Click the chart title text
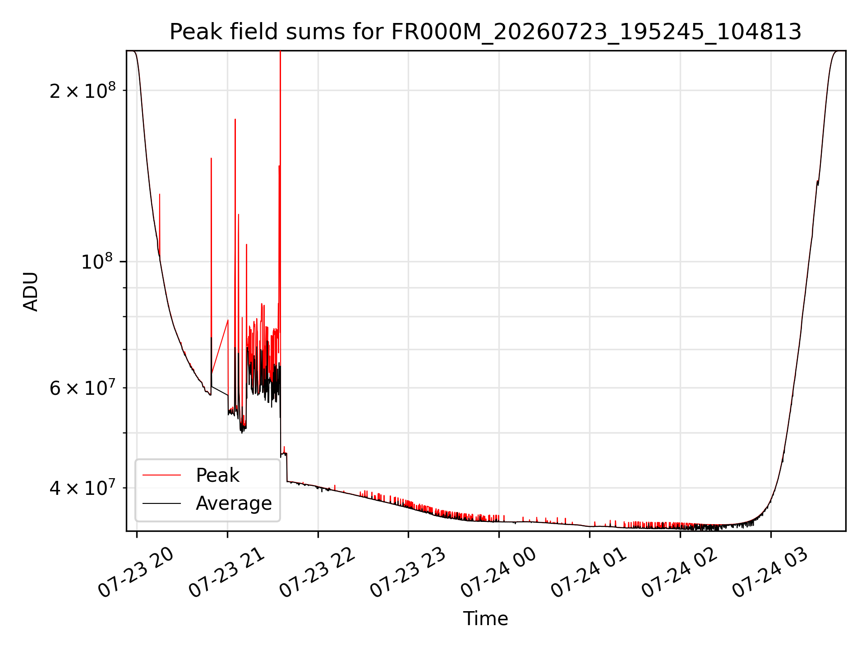[485, 32]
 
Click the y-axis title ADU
[31, 291]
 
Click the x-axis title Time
[486, 618]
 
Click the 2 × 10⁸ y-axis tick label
[82, 90]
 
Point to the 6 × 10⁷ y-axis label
[82, 387]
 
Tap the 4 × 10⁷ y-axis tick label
[82, 487]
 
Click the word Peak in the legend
[218, 475]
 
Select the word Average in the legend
[234, 503]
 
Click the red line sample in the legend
[161, 475]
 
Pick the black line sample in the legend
[161, 503]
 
